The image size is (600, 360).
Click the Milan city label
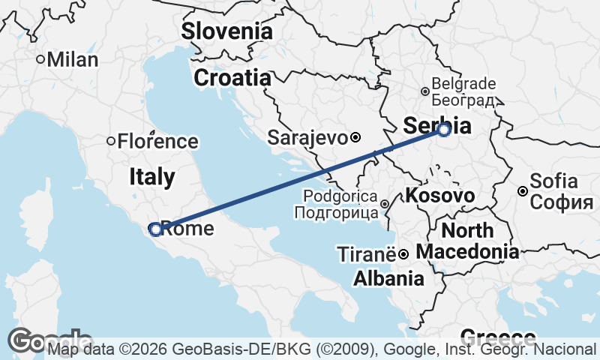click(73, 60)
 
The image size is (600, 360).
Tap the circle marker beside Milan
click(40, 59)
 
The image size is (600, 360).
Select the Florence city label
click(158, 141)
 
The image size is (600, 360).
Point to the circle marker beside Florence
click(111, 141)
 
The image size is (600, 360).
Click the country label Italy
click(152, 177)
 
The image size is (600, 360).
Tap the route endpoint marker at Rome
click(155, 229)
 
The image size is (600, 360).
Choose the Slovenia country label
click(226, 31)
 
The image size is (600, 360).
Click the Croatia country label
click(232, 77)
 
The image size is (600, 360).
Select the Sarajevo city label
click(307, 138)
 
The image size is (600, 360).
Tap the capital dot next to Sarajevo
click(356, 138)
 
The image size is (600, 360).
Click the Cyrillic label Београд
click(465, 100)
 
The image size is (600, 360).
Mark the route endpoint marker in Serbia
click(444, 130)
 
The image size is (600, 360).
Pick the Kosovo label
click(440, 196)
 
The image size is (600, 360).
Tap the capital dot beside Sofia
click(523, 191)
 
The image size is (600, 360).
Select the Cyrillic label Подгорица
click(336, 213)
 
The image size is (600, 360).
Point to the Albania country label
click(388, 279)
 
